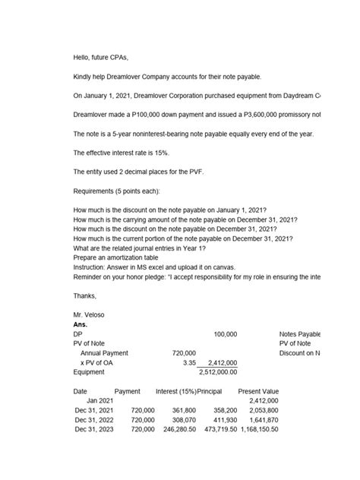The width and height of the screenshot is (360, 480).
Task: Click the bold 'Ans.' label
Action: coord(81,324)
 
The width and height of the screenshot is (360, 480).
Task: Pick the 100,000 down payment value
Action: coord(226,333)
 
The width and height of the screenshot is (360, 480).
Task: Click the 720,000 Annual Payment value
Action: coord(185,353)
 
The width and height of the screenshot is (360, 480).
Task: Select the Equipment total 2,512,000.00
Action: coord(218,373)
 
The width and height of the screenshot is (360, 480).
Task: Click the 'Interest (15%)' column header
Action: coord(174,391)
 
